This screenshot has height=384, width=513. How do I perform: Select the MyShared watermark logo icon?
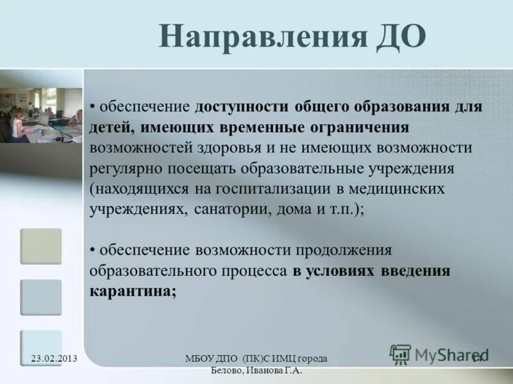401,355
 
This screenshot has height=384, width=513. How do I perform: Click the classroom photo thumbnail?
41,115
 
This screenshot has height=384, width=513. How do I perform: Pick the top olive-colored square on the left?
41,246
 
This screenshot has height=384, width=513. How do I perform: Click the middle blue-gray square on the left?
41,297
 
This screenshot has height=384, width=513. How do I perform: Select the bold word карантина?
133,291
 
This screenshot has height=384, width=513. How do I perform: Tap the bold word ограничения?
360,127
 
